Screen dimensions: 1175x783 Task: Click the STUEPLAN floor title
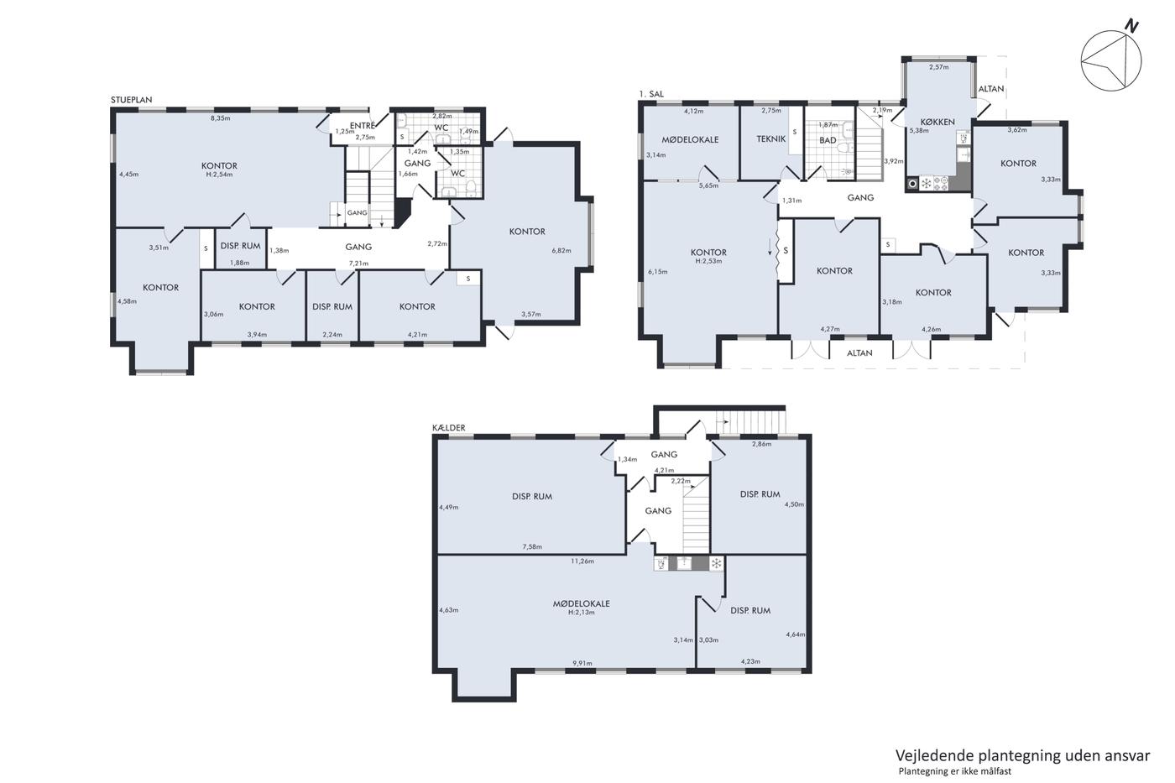pos(131,100)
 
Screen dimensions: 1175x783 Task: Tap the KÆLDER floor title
pos(448,427)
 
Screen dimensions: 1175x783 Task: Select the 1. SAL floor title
pos(651,94)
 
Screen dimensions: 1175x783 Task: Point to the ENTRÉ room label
pos(362,126)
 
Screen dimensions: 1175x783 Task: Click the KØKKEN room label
pos(937,122)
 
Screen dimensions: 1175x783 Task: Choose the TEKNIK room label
pos(771,139)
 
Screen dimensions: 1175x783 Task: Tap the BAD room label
pos(828,140)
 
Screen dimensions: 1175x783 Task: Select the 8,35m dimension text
pos(220,118)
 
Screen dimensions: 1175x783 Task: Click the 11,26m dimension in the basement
pos(582,561)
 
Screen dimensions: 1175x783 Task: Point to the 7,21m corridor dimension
pos(359,264)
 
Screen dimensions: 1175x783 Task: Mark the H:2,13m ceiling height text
pos(581,612)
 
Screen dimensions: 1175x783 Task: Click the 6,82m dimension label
pos(561,251)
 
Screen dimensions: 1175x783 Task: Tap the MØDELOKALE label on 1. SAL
pos(690,139)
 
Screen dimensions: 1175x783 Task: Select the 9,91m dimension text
pos(582,663)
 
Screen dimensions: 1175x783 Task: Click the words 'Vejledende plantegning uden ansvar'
pos(1022,756)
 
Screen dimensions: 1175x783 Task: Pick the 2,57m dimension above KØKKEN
pos(939,67)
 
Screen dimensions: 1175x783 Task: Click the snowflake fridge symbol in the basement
pos(716,564)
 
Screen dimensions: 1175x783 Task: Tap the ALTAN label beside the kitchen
pos(991,89)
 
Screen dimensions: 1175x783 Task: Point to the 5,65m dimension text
pos(708,185)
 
